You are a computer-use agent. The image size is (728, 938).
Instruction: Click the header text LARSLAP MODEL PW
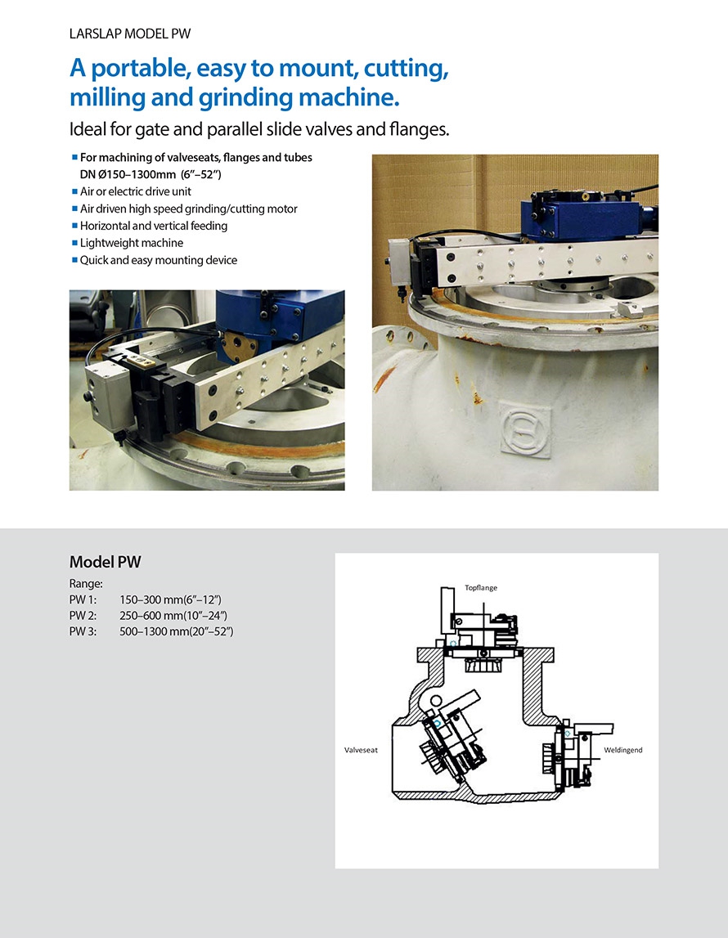click(x=130, y=34)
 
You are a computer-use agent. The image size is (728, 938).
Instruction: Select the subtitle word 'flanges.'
click(x=420, y=129)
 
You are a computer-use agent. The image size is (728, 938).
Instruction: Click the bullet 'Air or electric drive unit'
click(x=136, y=191)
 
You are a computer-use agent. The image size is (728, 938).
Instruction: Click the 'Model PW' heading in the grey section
click(x=106, y=562)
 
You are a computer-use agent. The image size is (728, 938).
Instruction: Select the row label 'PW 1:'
click(x=83, y=599)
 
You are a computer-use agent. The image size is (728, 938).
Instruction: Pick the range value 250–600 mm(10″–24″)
click(x=173, y=616)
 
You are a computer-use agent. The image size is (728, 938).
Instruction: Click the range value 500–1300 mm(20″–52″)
click(x=177, y=631)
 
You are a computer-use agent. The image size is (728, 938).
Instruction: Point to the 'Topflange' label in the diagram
click(x=481, y=588)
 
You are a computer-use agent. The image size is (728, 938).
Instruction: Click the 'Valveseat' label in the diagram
click(x=361, y=750)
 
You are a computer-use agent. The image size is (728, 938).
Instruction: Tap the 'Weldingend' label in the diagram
click(x=622, y=750)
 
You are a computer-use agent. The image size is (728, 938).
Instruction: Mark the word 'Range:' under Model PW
click(x=86, y=584)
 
